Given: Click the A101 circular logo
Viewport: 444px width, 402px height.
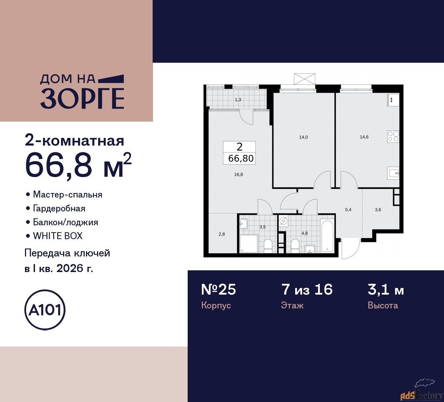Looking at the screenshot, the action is tap(45, 310).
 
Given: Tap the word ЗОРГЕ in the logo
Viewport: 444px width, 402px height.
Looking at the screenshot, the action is tap(82, 99).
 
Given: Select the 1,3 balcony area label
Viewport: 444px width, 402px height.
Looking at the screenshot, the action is tap(238, 100).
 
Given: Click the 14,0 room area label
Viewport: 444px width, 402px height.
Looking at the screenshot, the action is tap(304, 137).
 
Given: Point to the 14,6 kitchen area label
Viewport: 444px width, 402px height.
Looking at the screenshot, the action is tap(364, 137).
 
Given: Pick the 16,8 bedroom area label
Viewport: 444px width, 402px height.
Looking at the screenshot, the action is tap(239, 174).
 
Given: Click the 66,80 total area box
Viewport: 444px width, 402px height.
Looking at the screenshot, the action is tap(239, 153).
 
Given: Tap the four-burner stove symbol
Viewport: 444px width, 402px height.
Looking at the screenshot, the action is tap(393, 136).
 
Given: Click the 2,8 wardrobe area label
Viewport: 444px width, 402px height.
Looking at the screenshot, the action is tap(222, 234).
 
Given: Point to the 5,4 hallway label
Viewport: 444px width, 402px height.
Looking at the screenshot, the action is tap(348, 210).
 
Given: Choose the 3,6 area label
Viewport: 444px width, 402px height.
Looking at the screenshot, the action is tap(378, 210).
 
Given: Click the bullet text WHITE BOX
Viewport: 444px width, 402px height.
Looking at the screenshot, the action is tap(58, 236).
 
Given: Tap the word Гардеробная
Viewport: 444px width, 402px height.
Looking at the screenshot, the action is tap(59, 209).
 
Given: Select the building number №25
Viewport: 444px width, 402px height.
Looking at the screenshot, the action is tap(219, 289).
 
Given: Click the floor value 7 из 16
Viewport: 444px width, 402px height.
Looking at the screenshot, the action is tap(307, 289).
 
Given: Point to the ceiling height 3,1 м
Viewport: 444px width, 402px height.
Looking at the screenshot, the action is tap(386, 290).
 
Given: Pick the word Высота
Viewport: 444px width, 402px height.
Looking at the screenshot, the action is tap(383, 305).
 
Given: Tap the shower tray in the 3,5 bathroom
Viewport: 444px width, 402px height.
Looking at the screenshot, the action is tap(249, 244).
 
